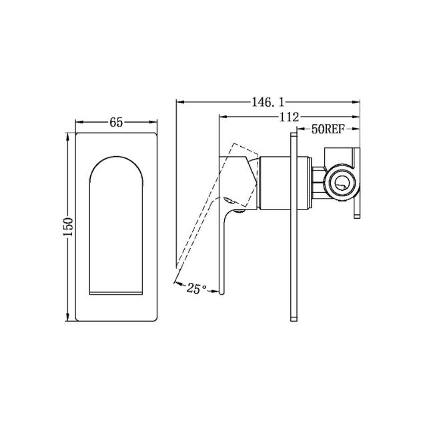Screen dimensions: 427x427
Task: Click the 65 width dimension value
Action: tap(116, 122)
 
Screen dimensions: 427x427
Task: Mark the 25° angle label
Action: tap(197, 288)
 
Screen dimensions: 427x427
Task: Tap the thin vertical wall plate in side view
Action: tap(293, 227)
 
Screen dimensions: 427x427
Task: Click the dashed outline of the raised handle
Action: tap(200, 213)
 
